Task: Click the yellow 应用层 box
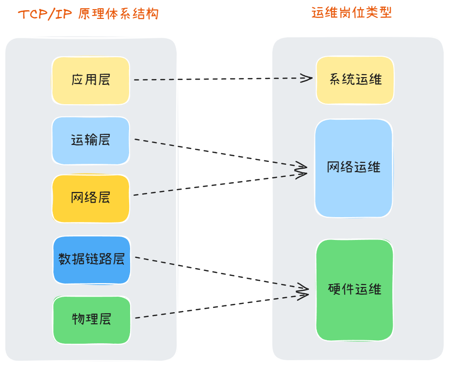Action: point(91,80)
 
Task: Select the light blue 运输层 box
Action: point(91,141)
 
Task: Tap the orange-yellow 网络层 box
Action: point(91,198)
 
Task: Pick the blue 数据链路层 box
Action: point(91,260)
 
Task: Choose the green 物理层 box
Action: point(91,319)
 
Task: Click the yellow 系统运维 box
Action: point(355,80)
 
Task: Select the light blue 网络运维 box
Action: point(353,168)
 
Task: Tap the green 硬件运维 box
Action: point(354,290)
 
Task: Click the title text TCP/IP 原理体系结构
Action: point(88,14)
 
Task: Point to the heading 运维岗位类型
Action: point(351,13)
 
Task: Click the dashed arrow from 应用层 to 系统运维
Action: point(218,79)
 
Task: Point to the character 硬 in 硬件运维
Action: point(335,290)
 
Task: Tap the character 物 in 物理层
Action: point(78,319)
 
